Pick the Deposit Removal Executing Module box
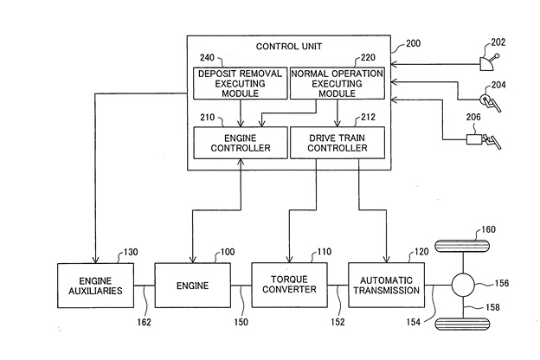(239, 83)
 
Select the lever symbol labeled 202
(489, 60)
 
